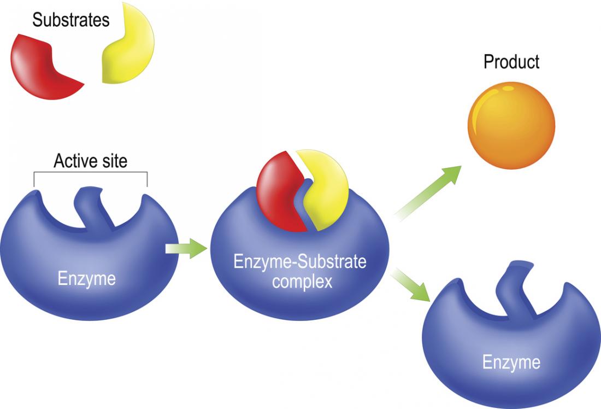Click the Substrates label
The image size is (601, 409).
click(71, 21)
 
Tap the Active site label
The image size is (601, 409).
click(90, 161)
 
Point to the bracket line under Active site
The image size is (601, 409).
click(90, 173)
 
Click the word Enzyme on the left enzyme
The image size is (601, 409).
click(87, 279)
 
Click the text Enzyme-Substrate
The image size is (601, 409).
click(299, 262)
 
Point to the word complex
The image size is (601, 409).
click(299, 282)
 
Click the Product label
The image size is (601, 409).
click(511, 62)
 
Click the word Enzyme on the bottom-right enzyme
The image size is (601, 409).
click(511, 362)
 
